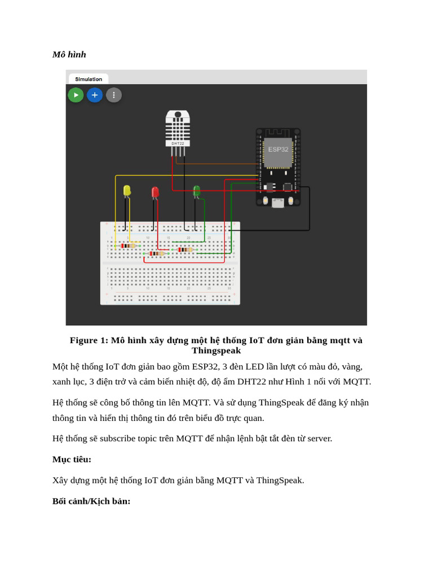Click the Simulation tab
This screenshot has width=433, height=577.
89,79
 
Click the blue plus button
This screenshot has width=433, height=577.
95,95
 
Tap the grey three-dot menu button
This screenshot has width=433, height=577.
114,95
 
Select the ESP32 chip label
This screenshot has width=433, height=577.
278,149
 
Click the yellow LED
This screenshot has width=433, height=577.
127,191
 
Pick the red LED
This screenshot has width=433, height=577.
155,193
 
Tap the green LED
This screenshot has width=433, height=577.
196,192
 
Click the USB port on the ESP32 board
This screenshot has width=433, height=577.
278,203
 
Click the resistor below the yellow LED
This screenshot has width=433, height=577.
129,246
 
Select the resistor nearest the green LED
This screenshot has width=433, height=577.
185,250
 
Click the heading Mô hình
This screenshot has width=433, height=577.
69,55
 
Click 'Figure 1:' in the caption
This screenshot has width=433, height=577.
89,340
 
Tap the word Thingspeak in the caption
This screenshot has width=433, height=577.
216,350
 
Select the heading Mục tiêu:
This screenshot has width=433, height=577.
72,459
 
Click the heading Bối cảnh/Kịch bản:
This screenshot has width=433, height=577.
91,501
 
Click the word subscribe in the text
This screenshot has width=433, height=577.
119,438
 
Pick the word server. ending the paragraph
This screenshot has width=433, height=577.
319,438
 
